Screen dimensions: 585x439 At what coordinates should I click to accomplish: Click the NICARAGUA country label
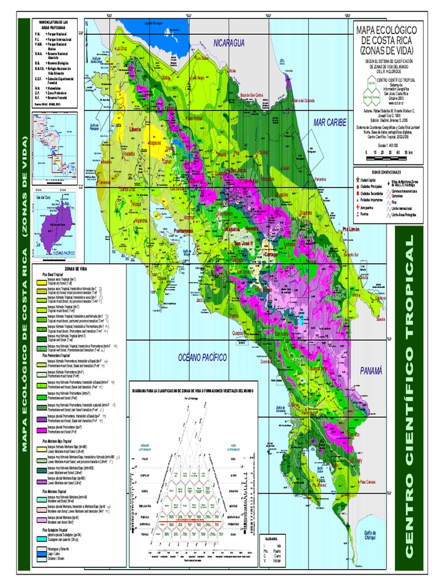[229, 43]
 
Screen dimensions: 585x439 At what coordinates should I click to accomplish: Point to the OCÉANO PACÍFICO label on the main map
[202, 357]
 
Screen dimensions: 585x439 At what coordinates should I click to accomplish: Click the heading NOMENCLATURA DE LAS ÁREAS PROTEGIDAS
[55, 24]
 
